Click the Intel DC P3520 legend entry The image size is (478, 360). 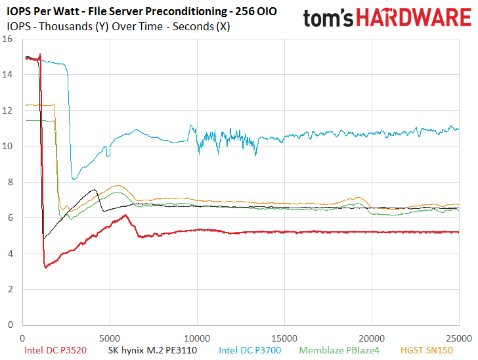pyautogui.click(x=55, y=350)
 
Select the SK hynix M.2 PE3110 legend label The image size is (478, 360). pyautogui.click(x=152, y=350)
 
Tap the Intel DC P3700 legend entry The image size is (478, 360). pyautogui.click(x=250, y=350)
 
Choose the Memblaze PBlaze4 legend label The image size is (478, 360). pyautogui.click(x=339, y=350)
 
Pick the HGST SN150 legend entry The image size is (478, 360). pyautogui.click(x=427, y=350)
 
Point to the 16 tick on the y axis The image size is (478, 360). pyautogui.click(x=7, y=39)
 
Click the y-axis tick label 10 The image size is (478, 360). pyautogui.click(x=7, y=146)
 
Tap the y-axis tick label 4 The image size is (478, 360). pyautogui.click(x=11, y=254)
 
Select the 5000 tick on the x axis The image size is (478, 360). pyautogui.click(x=110, y=338)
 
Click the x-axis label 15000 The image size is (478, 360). pyautogui.click(x=284, y=338)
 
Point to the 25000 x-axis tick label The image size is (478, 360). pyautogui.click(x=459, y=338)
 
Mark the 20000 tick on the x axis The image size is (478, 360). pyautogui.click(x=372, y=338)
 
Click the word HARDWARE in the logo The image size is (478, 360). pyautogui.click(x=414, y=18)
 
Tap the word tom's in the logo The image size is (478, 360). pyautogui.click(x=328, y=18)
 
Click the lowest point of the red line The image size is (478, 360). pyautogui.click(x=46, y=267)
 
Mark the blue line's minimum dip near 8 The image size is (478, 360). pyautogui.click(x=74, y=179)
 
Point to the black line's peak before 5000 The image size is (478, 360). pyautogui.click(x=95, y=190)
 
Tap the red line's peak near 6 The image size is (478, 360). pyautogui.click(x=125, y=215)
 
